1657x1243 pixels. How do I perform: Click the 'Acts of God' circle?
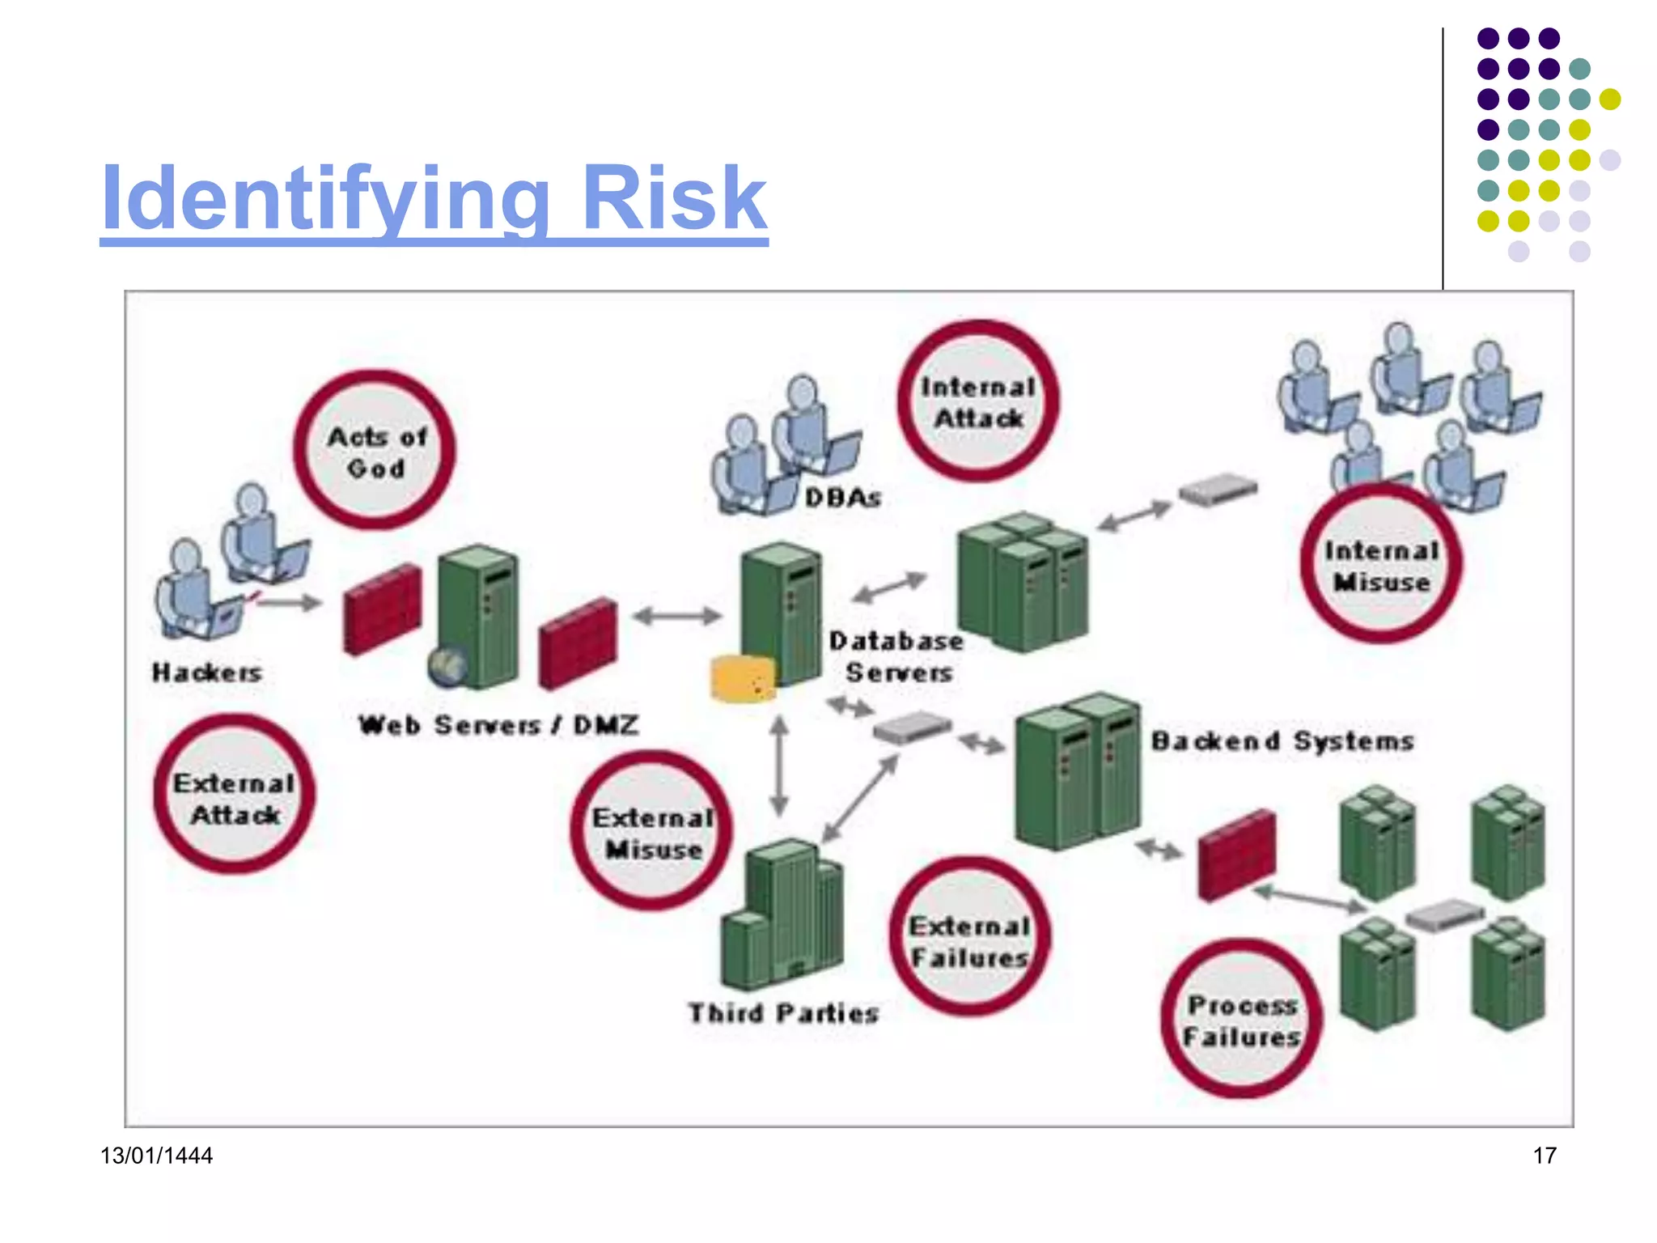tap(374, 451)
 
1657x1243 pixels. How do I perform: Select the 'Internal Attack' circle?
tap(977, 401)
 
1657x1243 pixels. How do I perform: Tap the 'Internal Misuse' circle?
tap(1380, 564)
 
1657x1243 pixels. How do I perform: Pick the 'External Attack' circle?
tap(234, 795)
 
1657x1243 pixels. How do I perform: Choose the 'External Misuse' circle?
tap(651, 831)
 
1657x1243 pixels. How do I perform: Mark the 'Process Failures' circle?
tap(1241, 1019)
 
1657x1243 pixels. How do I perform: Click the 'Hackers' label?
tap(207, 672)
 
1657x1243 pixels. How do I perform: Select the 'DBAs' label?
tap(842, 497)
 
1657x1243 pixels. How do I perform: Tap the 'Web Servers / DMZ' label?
tap(498, 724)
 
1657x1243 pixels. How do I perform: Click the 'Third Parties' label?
tap(783, 1012)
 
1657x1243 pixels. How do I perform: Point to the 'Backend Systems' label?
tap(1282, 740)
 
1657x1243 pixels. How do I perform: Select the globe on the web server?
tap(447, 666)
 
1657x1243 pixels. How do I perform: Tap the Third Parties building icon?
tap(782, 914)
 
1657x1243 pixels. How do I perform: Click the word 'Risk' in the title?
tap(673, 198)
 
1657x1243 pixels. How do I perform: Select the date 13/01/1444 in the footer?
tap(156, 1155)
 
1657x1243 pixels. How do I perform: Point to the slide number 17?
tap(1544, 1155)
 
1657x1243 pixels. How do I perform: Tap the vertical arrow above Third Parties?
tap(779, 766)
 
